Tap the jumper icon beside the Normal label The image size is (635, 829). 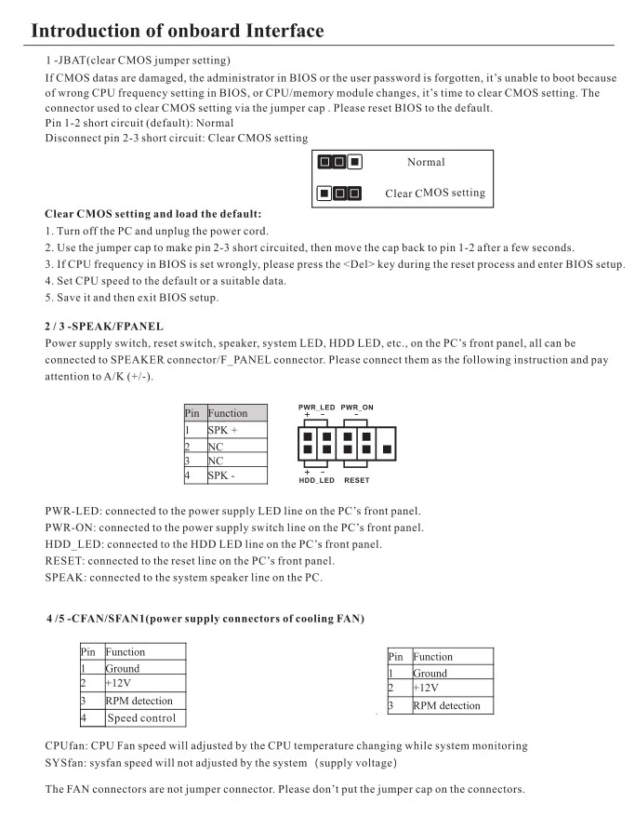(339, 162)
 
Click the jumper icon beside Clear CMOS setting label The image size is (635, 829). (339, 194)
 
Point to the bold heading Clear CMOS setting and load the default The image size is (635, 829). (152, 213)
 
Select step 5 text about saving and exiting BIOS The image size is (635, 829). (131, 298)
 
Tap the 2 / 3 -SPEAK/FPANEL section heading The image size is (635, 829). (104, 327)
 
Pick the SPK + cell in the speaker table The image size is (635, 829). (222, 431)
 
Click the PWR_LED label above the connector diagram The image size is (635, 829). (316, 408)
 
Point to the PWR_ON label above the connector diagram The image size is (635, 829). (357, 408)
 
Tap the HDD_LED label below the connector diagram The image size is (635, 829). (316, 480)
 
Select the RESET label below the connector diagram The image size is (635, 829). (356, 480)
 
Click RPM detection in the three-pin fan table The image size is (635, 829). (446, 705)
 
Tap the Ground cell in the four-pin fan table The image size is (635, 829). (123, 668)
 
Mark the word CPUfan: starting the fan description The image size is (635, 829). (65, 745)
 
